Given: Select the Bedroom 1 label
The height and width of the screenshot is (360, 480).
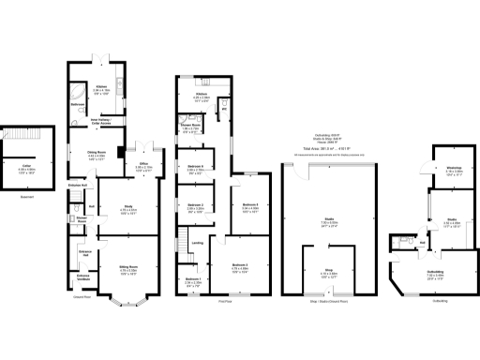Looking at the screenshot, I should tap(192, 280).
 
